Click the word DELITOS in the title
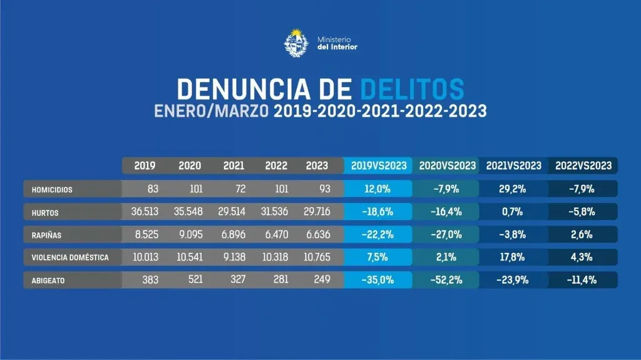[x=413, y=90]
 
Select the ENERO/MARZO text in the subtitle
[x=212, y=111]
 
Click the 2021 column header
[x=233, y=166]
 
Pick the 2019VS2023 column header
[x=378, y=166]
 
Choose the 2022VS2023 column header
[x=583, y=166]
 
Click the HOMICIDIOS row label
[x=53, y=189]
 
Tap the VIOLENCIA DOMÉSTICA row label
[x=70, y=257]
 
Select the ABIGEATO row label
[x=49, y=280]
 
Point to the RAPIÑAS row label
[x=47, y=235]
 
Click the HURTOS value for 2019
[x=144, y=212]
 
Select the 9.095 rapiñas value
[x=190, y=234]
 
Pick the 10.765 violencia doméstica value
[x=317, y=257]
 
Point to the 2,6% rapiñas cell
[x=583, y=234]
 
